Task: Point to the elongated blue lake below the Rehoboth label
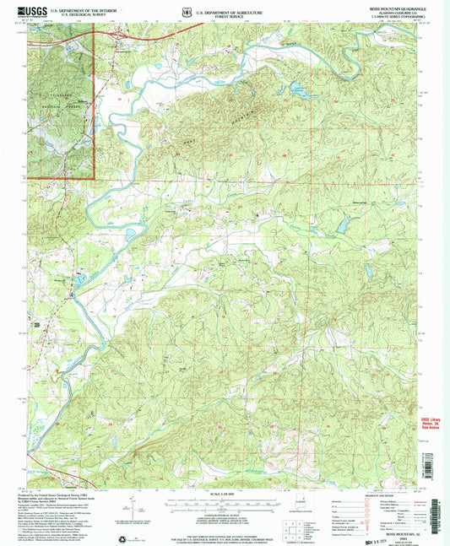pyautogui.click(x=343, y=224)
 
